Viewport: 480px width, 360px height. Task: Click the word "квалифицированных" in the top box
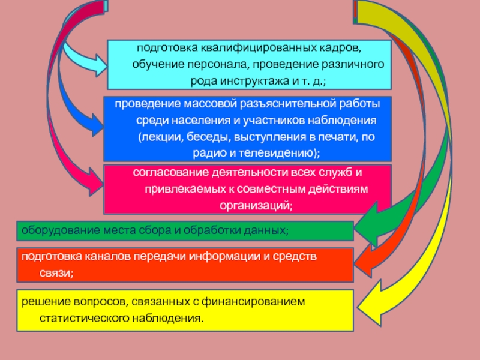(x=247, y=47)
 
